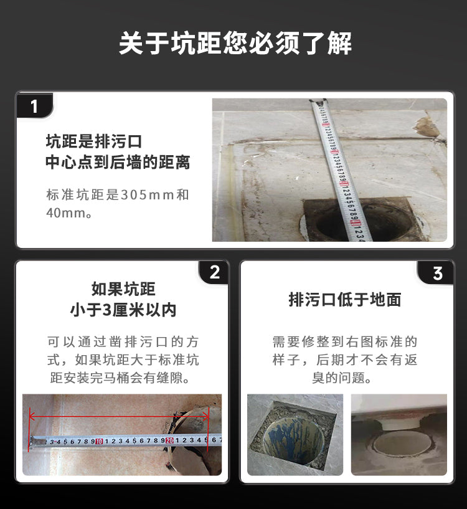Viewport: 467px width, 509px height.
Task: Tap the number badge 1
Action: point(34,107)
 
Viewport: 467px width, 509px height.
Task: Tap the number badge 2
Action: point(215,273)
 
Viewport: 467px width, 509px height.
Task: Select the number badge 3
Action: point(437,273)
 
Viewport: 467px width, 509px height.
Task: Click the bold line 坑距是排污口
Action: point(94,141)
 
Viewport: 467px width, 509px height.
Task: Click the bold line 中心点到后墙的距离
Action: point(118,163)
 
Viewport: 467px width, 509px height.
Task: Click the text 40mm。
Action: point(69,213)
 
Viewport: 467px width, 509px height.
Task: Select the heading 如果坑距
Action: point(123,289)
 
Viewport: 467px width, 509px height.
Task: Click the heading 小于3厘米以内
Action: point(123,310)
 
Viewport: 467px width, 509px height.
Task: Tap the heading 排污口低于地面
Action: point(345,300)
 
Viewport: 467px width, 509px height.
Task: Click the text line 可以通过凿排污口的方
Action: point(123,342)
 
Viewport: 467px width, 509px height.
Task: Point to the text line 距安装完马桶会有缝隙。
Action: point(123,378)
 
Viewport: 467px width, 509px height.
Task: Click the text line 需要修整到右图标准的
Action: point(345,342)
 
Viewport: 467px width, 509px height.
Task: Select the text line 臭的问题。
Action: point(345,378)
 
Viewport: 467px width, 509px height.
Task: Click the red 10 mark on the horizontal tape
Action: point(99,441)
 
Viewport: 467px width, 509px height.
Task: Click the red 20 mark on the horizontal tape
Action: point(168,440)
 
